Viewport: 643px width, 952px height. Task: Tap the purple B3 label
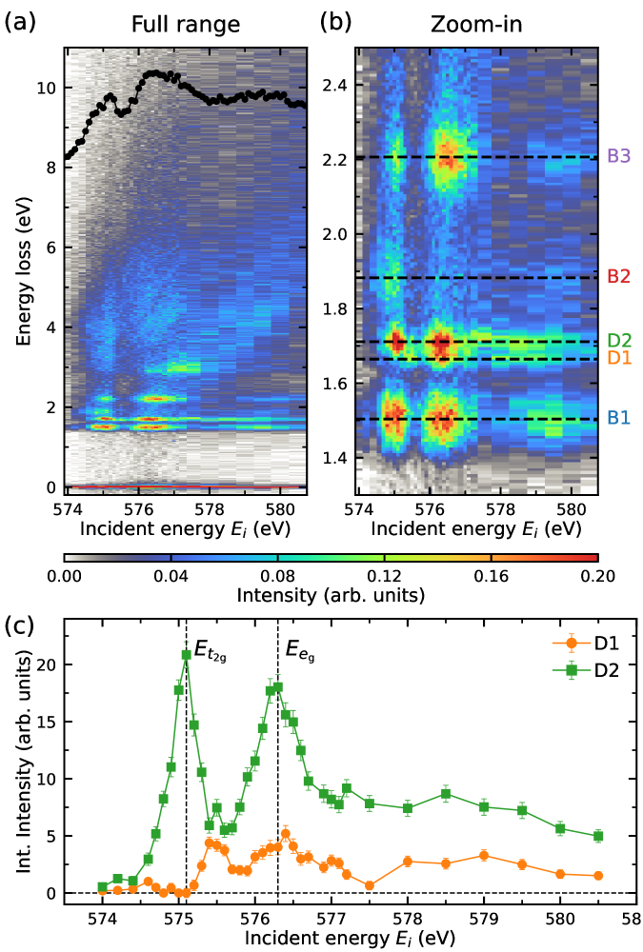tap(619, 157)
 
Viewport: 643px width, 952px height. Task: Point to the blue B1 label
tap(619, 418)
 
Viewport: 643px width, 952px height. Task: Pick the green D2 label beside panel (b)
tap(619, 341)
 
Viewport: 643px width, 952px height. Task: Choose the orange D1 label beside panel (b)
tap(619, 358)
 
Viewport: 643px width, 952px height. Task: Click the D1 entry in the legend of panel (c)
tap(597, 642)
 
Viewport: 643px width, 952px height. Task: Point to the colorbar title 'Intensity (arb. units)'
tap(331, 596)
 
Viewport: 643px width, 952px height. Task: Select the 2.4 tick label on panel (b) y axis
tap(334, 85)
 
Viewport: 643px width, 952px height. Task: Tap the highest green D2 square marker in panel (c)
tap(187, 655)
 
